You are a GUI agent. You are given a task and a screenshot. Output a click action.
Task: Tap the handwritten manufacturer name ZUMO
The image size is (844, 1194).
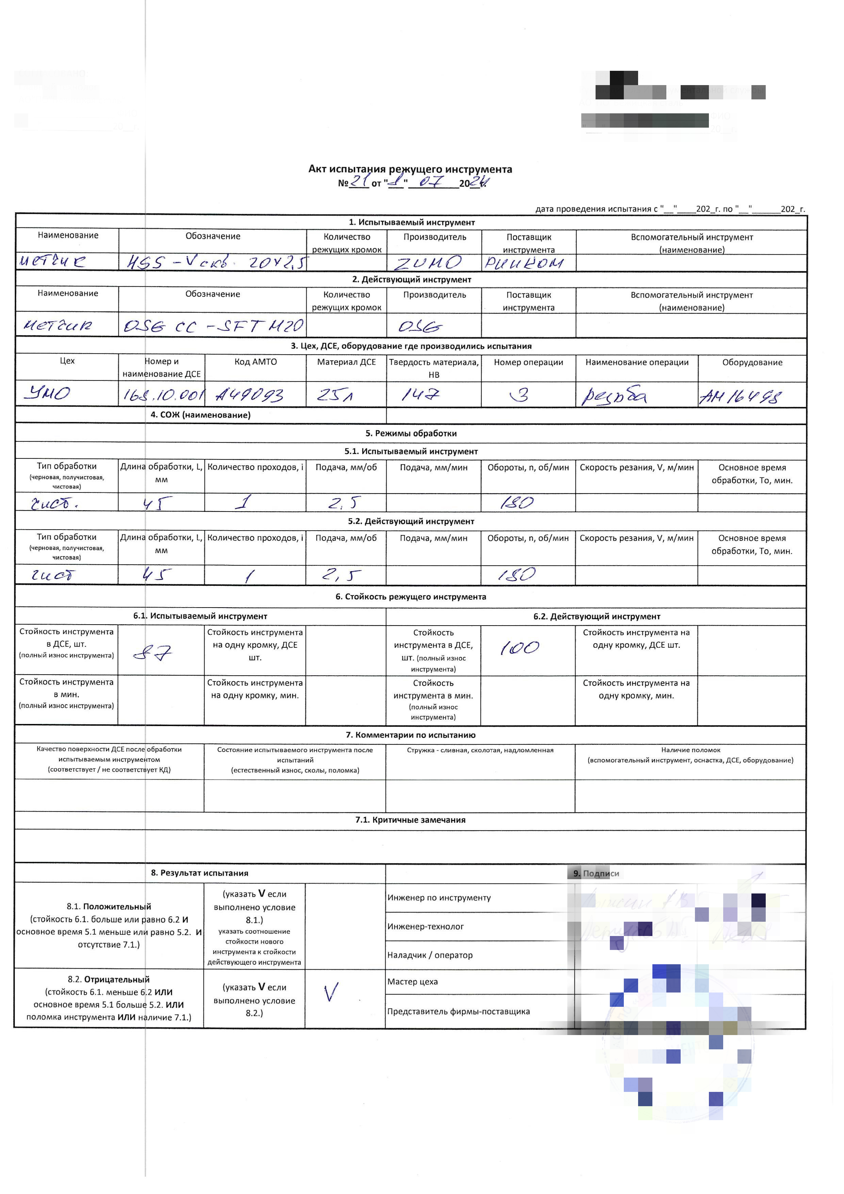(x=428, y=263)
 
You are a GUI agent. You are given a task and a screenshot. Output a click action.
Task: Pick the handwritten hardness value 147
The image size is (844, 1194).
(x=420, y=395)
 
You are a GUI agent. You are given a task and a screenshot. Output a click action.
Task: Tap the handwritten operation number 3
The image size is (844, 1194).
(x=520, y=395)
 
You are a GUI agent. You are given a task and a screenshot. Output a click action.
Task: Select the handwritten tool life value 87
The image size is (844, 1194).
(x=152, y=652)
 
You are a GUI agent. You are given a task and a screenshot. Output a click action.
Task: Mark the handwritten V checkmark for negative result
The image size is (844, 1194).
(x=331, y=992)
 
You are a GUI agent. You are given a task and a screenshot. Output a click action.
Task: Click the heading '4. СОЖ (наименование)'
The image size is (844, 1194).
(x=200, y=415)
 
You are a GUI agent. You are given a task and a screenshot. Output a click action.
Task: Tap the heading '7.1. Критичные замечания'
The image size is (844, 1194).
(x=410, y=820)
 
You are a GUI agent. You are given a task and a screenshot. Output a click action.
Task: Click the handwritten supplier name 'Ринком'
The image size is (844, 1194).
(x=524, y=263)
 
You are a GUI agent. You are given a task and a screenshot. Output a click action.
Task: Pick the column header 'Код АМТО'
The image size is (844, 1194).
(x=255, y=362)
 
